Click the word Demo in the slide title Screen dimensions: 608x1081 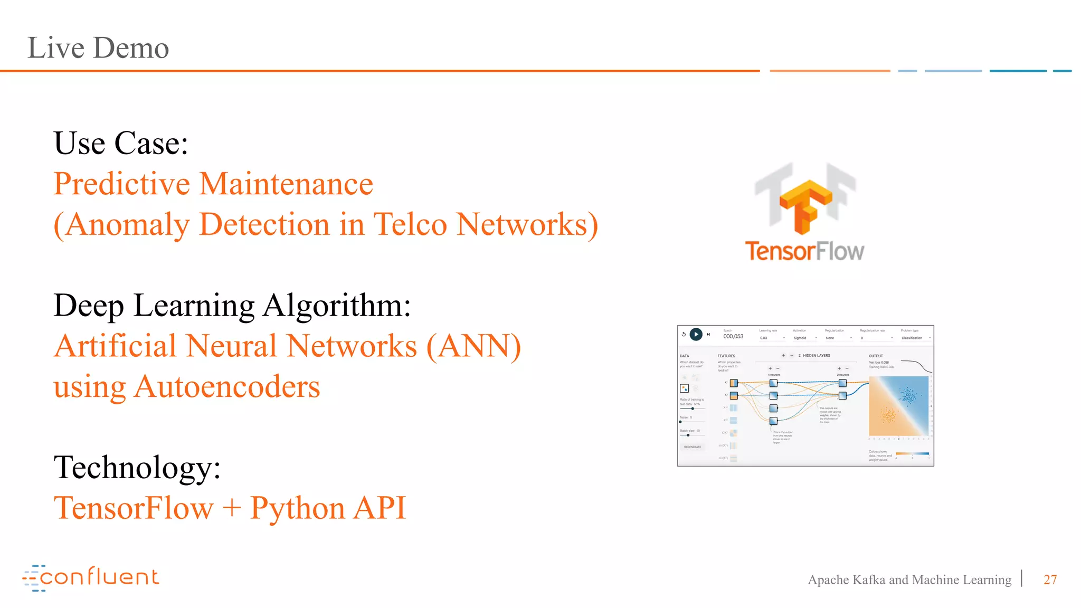pyautogui.click(x=131, y=48)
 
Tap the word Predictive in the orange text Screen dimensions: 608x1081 pyautogui.click(x=122, y=184)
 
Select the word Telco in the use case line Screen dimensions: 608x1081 pyautogui.click(x=410, y=224)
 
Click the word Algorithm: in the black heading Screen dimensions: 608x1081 pyautogui.click(x=337, y=306)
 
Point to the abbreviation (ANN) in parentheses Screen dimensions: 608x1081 pyautogui.click(x=473, y=346)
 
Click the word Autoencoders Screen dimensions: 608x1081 pyautogui.click(x=227, y=387)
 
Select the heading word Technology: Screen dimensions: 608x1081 pyautogui.click(x=137, y=468)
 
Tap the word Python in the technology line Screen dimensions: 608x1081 pyautogui.click(x=297, y=508)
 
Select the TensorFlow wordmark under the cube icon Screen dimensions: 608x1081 pyautogui.click(x=804, y=251)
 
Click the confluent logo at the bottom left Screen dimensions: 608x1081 pyautogui.click(x=91, y=577)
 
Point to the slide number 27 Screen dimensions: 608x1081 pyautogui.click(x=1050, y=579)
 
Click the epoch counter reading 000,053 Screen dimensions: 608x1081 pyautogui.click(x=733, y=336)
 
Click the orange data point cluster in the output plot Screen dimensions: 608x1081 pyautogui.click(x=888, y=415)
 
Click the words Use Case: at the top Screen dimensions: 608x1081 pyautogui.click(x=121, y=143)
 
